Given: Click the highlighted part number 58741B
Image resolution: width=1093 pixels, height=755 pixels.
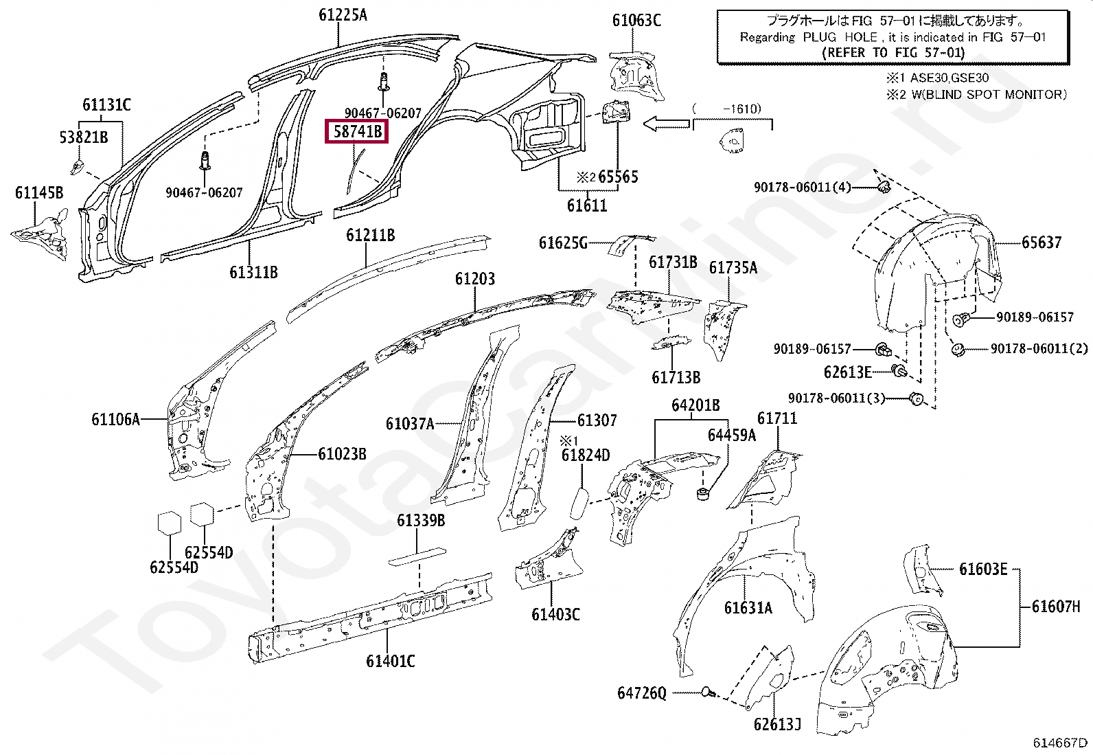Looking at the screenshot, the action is pyautogui.click(x=357, y=132).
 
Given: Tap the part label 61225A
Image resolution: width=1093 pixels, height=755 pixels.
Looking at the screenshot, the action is pyautogui.click(x=343, y=15).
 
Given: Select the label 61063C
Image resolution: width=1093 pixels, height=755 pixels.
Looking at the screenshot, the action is pyautogui.click(x=636, y=21).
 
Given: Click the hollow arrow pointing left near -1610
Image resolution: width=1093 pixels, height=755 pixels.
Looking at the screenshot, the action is pyautogui.click(x=667, y=124).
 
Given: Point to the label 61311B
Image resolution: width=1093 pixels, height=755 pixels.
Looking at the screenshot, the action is pyautogui.click(x=253, y=272).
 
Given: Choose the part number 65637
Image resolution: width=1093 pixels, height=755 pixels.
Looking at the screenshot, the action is pyautogui.click(x=1042, y=243).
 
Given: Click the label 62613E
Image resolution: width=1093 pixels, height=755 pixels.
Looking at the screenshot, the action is pyautogui.click(x=847, y=372).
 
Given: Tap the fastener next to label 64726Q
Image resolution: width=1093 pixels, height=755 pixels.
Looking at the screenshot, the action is pyautogui.click(x=708, y=692).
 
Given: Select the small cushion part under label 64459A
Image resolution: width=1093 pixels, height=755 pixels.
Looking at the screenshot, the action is pyautogui.click(x=702, y=494).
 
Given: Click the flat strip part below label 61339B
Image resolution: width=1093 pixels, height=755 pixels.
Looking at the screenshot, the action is pyautogui.click(x=417, y=556).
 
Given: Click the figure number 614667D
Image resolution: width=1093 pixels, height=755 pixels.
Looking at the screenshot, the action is pyautogui.click(x=1060, y=743).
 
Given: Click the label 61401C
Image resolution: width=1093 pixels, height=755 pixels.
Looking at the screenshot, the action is pyautogui.click(x=391, y=661).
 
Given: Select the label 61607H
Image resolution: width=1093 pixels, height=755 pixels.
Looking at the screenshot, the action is pyautogui.click(x=1056, y=607).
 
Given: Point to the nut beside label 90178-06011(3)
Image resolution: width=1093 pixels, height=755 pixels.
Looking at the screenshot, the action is pyautogui.click(x=917, y=399).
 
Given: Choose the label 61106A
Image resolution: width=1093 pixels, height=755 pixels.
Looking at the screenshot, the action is pyautogui.click(x=115, y=419).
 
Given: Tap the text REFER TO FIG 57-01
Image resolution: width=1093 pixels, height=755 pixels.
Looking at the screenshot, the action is pyautogui.click(x=893, y=53).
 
